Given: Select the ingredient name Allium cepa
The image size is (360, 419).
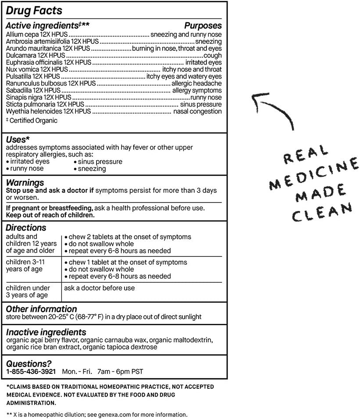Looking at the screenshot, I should click(21, 34).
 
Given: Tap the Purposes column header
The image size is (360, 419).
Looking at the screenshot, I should click(203, 26).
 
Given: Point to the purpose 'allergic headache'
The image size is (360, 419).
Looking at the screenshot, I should click(196, 83).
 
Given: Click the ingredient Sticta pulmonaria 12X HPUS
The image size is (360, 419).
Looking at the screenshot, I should click(45, 104).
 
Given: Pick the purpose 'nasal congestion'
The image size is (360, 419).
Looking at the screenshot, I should click(197, 111).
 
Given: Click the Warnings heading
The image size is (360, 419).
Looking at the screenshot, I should click(25, 182).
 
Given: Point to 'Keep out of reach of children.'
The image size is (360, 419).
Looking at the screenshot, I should click(50, 215).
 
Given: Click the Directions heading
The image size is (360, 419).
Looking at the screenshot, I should click(26, 228).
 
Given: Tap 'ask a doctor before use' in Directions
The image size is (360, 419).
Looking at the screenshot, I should click(100, 288).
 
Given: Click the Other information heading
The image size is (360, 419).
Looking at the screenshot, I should click(41, 309).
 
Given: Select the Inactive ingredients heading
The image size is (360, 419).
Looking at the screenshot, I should click(46, 332).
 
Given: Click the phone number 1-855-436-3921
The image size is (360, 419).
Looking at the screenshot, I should click(31, 371).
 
